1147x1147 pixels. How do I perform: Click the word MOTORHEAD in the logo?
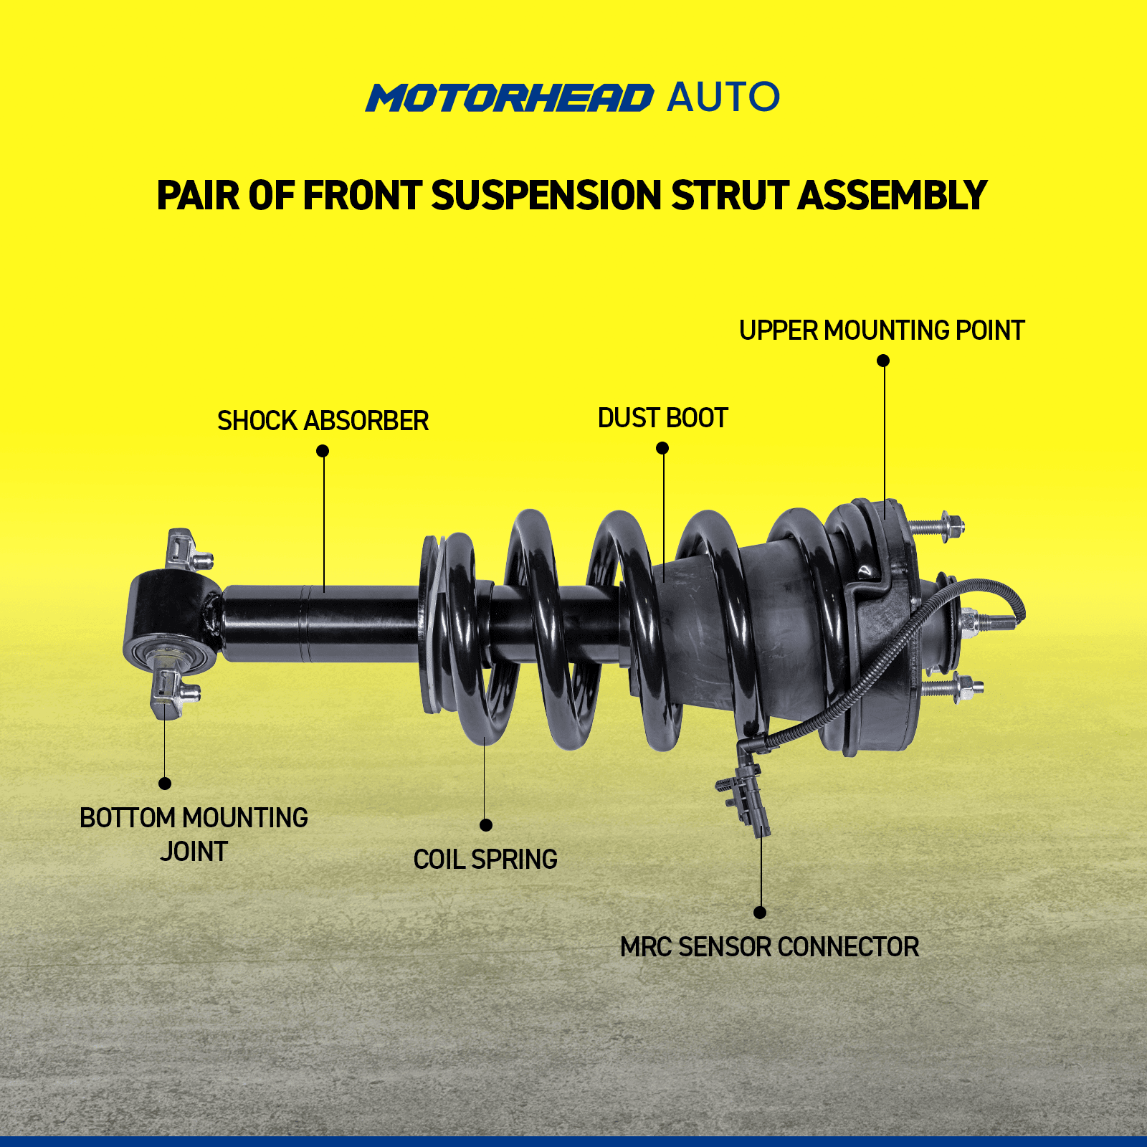click(510, 97)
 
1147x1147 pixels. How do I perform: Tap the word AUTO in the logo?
click(723, 97)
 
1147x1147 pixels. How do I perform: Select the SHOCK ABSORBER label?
click(323, 421)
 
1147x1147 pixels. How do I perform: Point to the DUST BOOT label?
click(663, 418)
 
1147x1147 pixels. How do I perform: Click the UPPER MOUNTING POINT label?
click(882, 330)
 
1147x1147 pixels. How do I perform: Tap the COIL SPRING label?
click(485, 859)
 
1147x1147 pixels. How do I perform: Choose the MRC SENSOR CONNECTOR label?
click(769, 947)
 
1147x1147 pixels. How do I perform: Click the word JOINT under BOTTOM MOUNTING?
click(194, 852)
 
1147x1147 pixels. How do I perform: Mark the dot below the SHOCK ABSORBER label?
click(323, 451)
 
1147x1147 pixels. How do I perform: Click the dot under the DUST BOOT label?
click(662, 448)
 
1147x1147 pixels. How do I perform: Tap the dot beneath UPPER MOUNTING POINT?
click(883, 361)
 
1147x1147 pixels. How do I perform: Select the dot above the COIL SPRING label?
click(486, 825)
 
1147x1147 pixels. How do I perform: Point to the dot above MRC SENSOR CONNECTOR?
click(760, 913)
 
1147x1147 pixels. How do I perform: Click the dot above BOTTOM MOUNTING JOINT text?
click(165, 784)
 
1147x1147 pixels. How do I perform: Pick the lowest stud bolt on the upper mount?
click(951, 688)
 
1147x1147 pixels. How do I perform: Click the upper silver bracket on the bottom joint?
click(187, 551)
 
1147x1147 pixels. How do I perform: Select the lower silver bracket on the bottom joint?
click(173, 693)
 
